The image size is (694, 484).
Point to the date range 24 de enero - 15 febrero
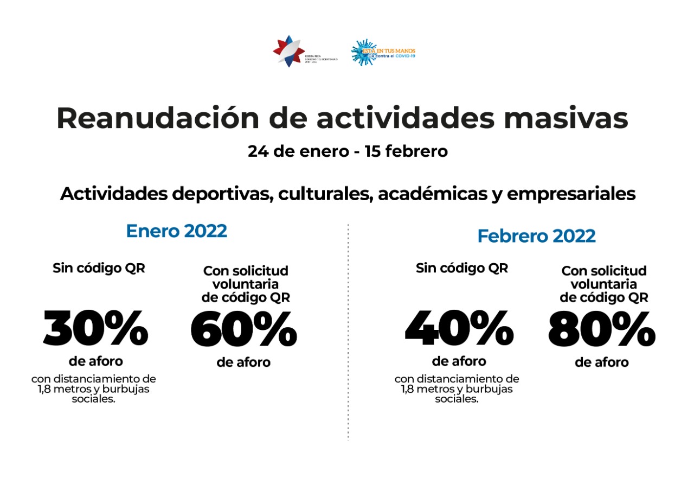coord(348,151)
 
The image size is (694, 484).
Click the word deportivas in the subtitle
coord(216,194)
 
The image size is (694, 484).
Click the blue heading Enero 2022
coord(176,231)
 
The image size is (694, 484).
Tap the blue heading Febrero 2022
coord(536,236)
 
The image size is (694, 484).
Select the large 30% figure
coord(95,329)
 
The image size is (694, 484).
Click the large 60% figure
coord(243,330)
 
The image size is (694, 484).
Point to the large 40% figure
coord(459,329)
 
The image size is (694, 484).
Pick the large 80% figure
coord(601,330)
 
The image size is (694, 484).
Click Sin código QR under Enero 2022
coord(99,268)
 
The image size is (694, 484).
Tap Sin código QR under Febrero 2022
coord(462,268)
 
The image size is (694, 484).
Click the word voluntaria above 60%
coord(246,284)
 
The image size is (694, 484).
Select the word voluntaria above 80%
coord(603,284)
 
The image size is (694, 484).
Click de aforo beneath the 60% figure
coord(243,362)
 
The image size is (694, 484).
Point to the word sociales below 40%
coord(457,399)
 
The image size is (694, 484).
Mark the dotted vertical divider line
coord(348,331)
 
